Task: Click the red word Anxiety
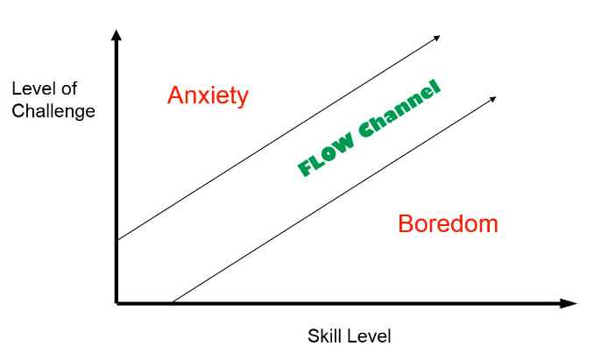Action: point(208,95)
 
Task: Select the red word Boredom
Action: point(448,223)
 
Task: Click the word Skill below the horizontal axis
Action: point(322,335)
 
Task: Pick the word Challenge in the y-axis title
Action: point(53,112)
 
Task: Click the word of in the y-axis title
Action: point(69,88)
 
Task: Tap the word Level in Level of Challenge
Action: point(33,88)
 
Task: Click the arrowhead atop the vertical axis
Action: point(117,35)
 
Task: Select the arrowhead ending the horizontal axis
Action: point(568,303)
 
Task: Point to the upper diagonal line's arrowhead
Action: point(437,38)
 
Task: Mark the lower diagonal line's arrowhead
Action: point(493,99)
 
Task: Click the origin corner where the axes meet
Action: point(117,303)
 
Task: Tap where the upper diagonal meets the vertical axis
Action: point(117,240)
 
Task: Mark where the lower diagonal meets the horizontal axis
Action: point(172,302)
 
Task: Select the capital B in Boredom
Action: point(406,223)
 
